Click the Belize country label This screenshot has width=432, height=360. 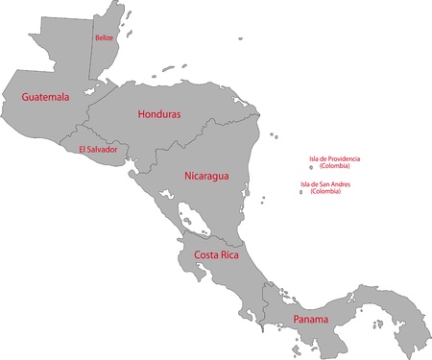tap(104, 37)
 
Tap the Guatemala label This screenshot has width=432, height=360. tap(45, 98)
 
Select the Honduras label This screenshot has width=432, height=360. tap(159, 114)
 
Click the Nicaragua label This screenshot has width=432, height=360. tap(206, 177)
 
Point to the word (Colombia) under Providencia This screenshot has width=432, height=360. tap(335, 167)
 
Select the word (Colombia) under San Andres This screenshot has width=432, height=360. tap(331, 193)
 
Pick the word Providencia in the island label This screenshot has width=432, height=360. tap(344, 158)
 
